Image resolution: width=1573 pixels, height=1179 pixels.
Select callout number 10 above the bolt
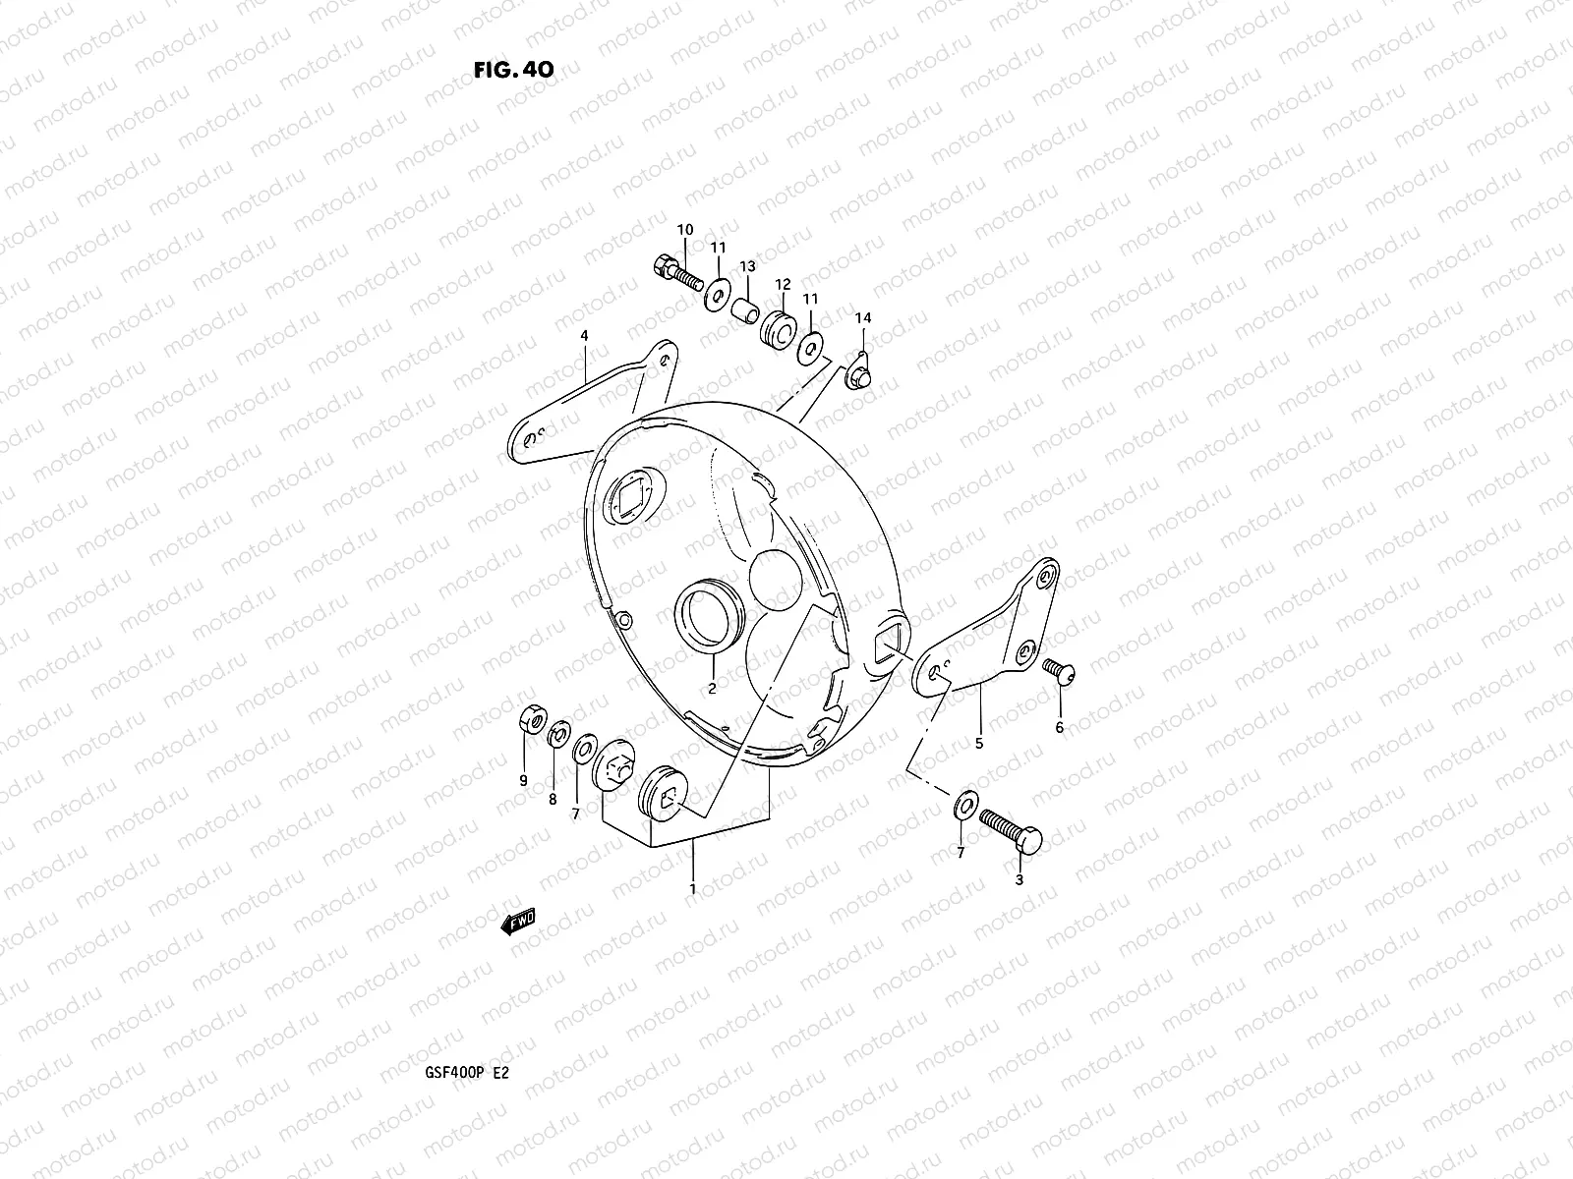(x=685, y=230)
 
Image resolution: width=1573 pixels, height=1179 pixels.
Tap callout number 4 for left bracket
(x=584, y=336)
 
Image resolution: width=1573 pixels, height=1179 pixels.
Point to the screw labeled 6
(x=1061, y=672)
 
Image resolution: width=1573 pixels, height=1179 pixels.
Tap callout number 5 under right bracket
(x=979, y=744)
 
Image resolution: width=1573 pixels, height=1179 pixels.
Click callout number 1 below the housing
(x=693, y=888)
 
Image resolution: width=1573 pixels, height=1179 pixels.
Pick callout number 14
(x=862, y=318)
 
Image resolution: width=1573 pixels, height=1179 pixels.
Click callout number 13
(x=747, y=266)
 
